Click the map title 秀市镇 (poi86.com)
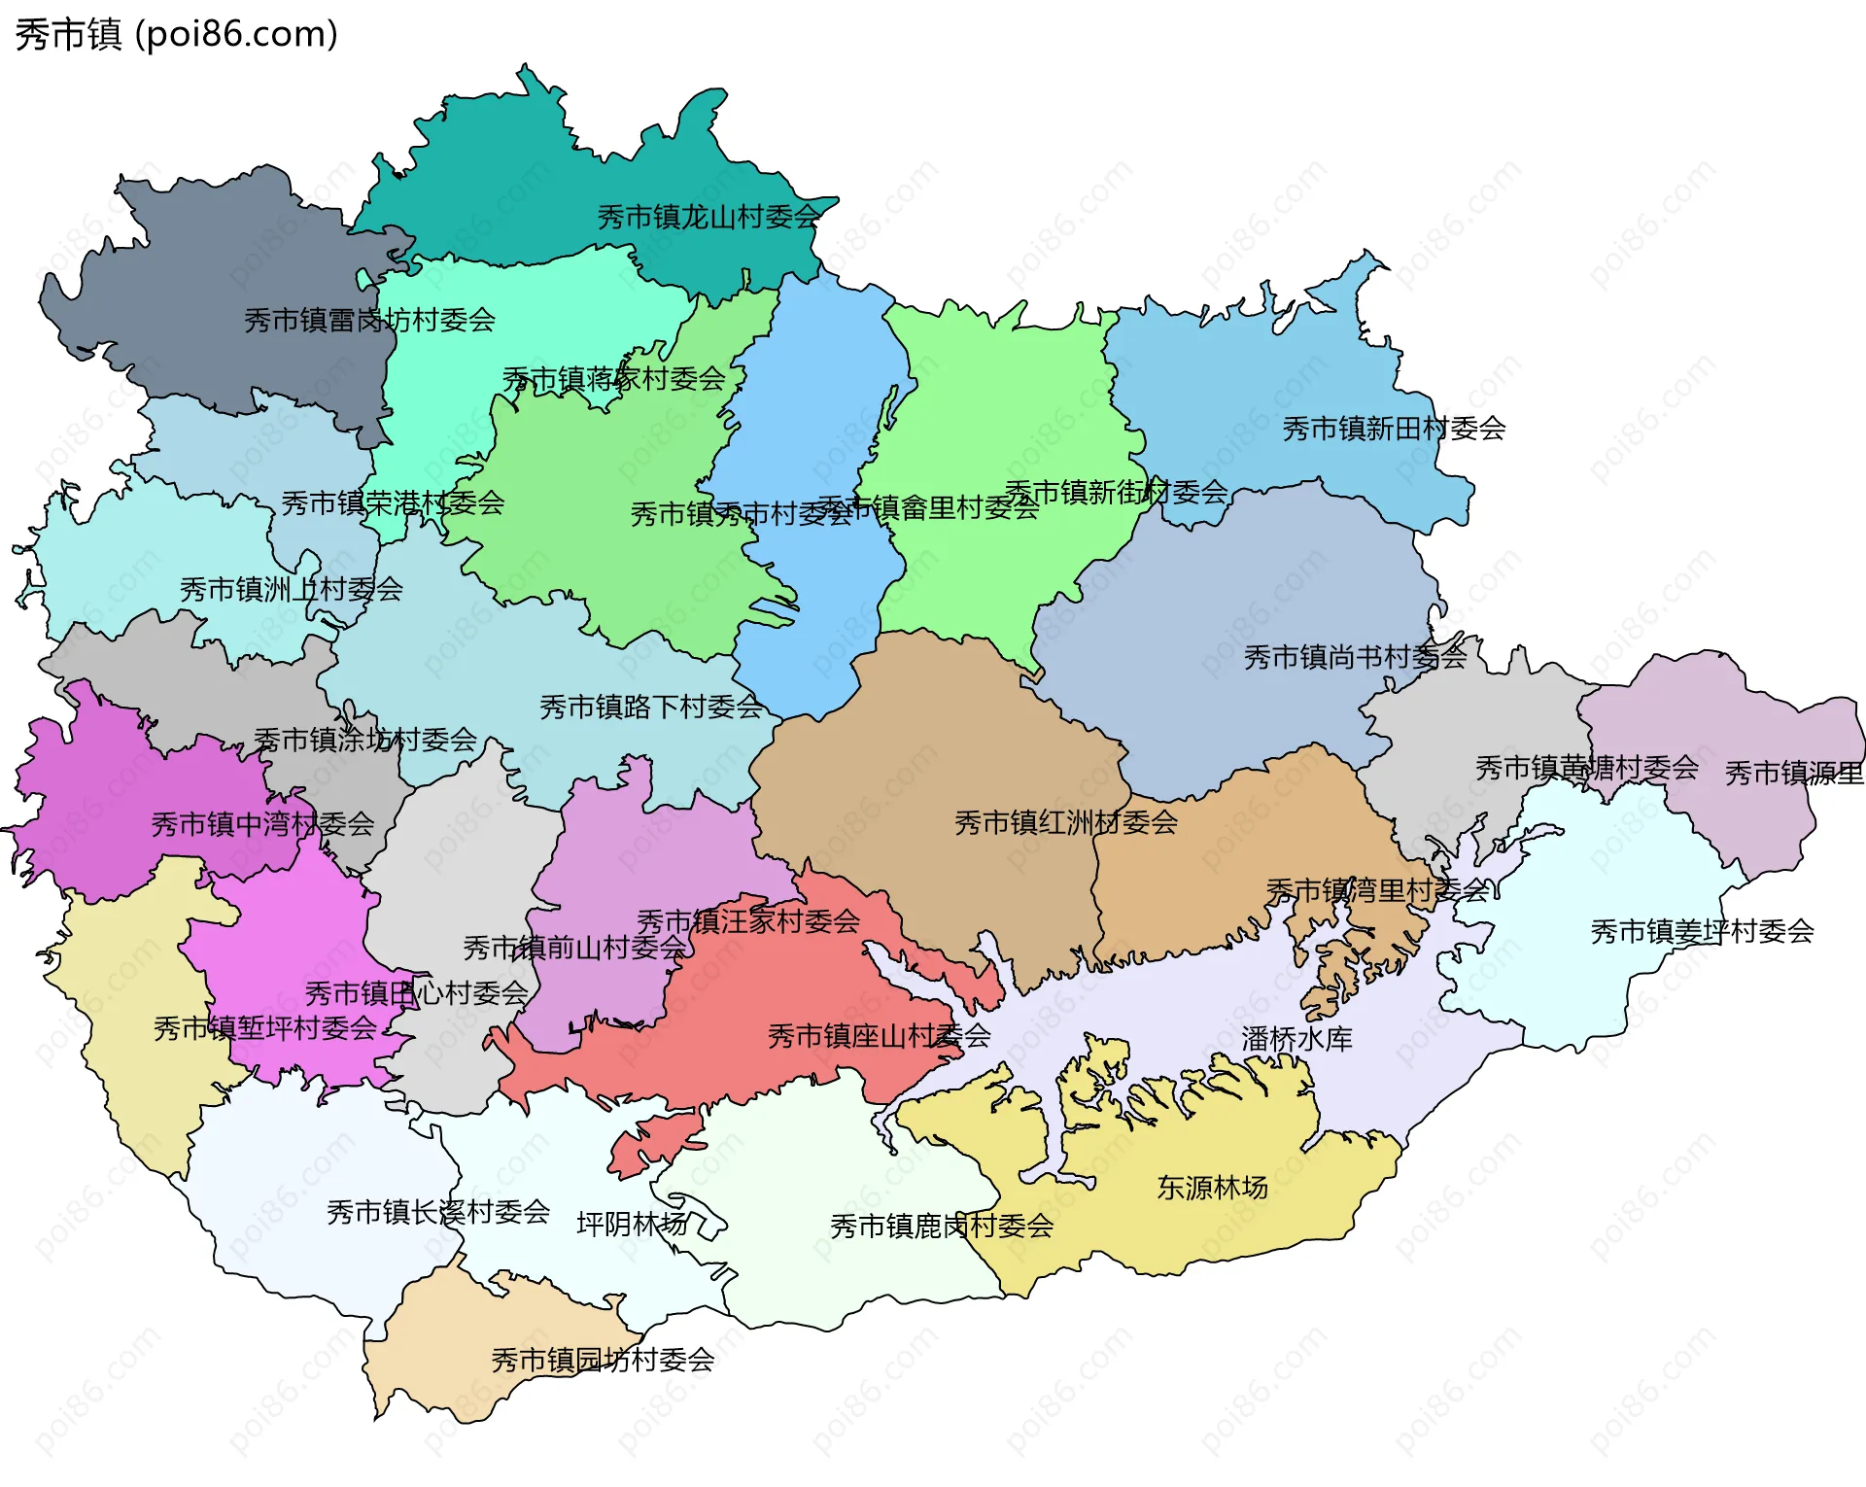click(x=176, y=35)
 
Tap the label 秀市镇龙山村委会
click(x=708, y=217)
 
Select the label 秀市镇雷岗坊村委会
click(x=369, y=320)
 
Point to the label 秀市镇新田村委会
click(x=1394, y=429)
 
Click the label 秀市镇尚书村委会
click(x=1355, y=658)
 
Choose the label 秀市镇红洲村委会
click(x=1065, y=823)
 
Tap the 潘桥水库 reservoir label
click(x=1296, y=1039)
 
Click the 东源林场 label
click(x=1212, y=1188)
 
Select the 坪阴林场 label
click(x=632, y=1224)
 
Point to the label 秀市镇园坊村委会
click(x=603, y=1360)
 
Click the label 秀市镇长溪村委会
click(x=438, y=1212)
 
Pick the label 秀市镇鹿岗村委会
click(x=942, y=1227)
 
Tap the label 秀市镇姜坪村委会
click(x=1702, y=932)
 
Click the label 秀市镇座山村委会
click(x=879, y=1036)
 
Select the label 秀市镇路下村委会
click(x=651, y=708)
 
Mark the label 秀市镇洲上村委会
click(x=291, y=589)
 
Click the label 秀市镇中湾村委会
click(x=262, y=825)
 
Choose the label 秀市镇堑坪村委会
click(x=264, y=1028)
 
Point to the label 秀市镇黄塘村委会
click(x=1586, y=769)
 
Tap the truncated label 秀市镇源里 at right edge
click(x=1794, y=774)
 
